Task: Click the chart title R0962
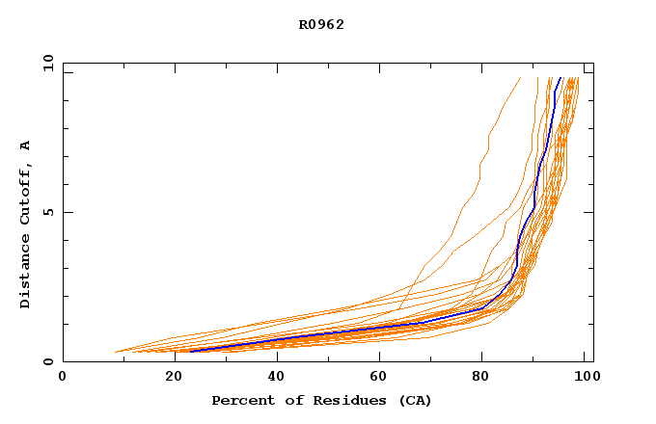tap(321, 24)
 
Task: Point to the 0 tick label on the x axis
tap(63, 377)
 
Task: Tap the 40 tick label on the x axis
tap(277, 377)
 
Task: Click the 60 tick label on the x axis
tap(382, 377)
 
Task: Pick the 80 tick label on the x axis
tap(487, 377)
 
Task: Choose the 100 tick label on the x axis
tap(581, 377)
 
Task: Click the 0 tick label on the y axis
tap(47, 362)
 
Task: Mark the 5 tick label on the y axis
tap(47, 212)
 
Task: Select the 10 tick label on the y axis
tap(47, 63)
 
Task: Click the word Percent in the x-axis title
tap(238, 400)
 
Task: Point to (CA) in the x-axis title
tap(415, 400)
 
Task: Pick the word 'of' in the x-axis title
tap(284, 400)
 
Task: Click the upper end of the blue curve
tap(560, 77)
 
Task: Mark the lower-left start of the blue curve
tap(190, 352)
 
